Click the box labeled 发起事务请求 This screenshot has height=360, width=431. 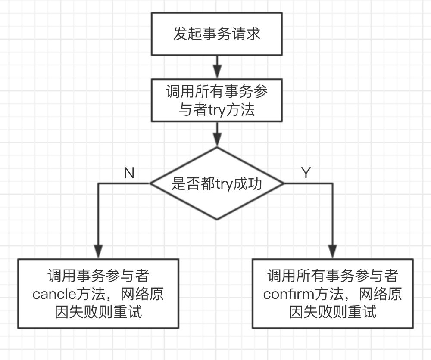point(216,34)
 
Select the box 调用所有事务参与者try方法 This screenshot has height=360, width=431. point(216,100)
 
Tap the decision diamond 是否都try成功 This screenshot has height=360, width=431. point(216,183)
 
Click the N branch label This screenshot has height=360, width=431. point(129,173)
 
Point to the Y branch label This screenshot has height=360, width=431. point(306,173)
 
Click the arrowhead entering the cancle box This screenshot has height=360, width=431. point(99,252)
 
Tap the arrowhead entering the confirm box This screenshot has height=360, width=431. point(332,252)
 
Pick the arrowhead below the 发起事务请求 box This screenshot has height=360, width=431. point(217,71)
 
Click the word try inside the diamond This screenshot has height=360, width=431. point(224,184)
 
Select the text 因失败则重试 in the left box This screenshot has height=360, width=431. point(98,312)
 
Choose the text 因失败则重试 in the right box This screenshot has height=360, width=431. point(332,312)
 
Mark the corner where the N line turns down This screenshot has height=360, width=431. point(99,183)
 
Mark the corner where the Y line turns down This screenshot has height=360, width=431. point(332,183)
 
